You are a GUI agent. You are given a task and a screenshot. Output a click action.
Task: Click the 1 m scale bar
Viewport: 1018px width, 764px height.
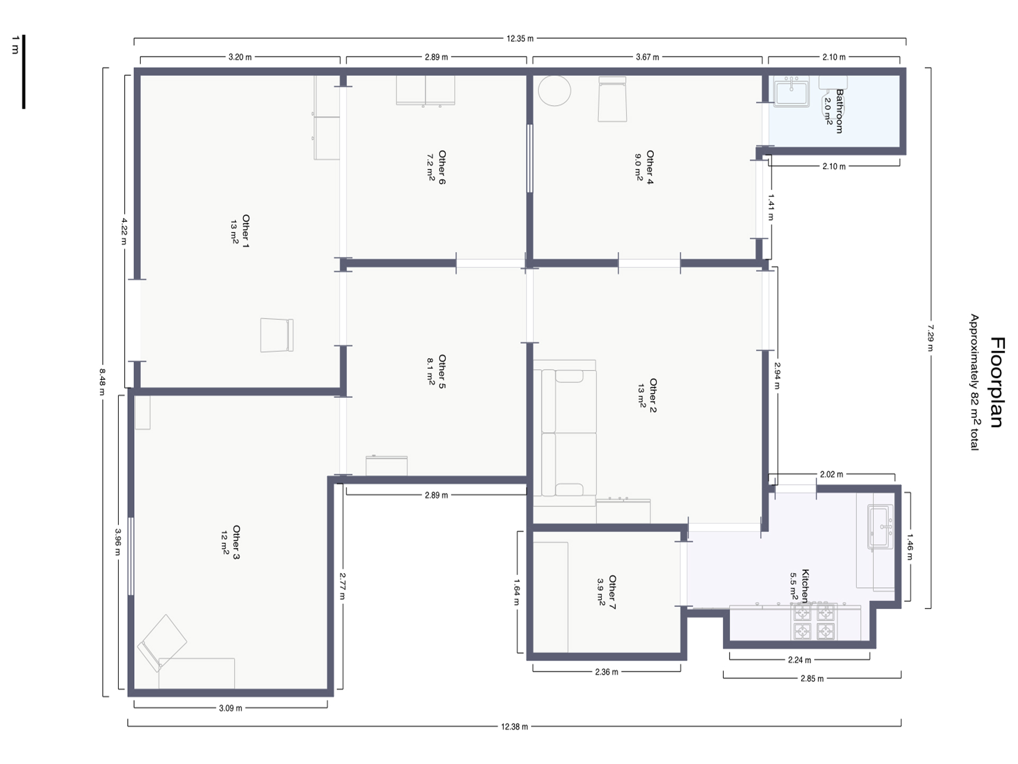point(23,72)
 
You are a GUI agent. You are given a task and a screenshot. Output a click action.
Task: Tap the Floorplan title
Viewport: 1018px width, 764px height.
point(997,382)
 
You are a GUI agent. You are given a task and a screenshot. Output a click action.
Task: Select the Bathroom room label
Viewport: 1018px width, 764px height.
point(839,111)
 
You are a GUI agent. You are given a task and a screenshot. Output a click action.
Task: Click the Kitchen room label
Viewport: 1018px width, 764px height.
point(805,586)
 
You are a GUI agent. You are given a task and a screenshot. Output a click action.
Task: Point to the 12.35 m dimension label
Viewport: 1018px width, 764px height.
point(520,38)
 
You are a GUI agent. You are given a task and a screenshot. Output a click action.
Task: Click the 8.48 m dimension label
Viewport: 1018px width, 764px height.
point(102,382)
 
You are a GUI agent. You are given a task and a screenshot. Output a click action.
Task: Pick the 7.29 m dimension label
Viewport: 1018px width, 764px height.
point(930,337)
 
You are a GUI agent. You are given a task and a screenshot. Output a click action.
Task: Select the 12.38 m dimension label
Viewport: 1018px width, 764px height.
point(514,727)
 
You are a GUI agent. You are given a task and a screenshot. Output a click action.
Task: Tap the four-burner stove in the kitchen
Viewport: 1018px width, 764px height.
point(814,621)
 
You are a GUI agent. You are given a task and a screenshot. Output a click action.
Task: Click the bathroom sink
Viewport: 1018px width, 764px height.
point(792,91)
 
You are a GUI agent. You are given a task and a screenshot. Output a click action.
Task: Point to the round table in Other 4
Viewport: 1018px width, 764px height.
point(555,90)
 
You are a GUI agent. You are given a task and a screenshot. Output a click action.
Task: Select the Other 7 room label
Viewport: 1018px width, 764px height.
point(612,592)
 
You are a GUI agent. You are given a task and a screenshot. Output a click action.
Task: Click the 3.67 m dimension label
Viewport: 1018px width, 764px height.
point(647,57)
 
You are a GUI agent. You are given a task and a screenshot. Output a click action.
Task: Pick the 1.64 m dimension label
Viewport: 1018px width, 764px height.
point(516,592)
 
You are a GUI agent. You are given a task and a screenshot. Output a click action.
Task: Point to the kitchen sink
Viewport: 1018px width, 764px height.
point(881,527)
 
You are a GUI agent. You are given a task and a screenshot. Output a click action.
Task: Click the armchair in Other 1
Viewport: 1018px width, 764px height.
point(277,335)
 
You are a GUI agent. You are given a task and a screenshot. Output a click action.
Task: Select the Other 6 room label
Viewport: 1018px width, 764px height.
point(442,168)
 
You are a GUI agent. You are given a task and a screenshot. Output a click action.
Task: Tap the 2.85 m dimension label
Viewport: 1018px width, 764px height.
point(812,679)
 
